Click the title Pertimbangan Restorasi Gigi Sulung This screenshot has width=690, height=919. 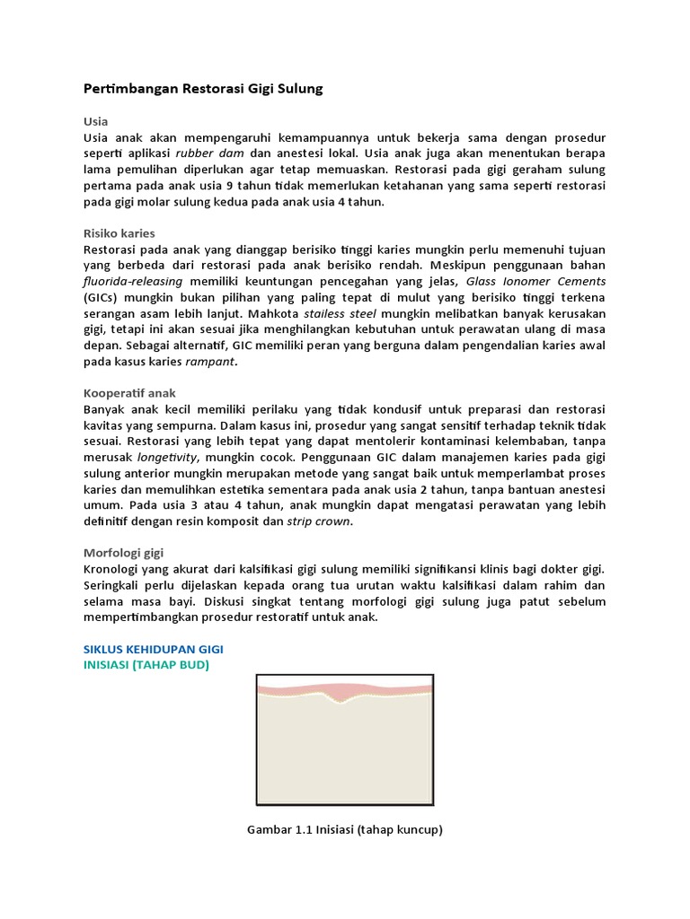pyautogui.click(x=202, y=89)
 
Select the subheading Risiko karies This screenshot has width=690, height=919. pyautogui.click(x=119, y=233)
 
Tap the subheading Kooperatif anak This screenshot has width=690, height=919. pyautogui.click(x=129, y=393)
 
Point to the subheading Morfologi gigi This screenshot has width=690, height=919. pyautogui.click(x=123, y=553)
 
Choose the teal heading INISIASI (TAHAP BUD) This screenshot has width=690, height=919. pyautogui.click(x=146, y=664)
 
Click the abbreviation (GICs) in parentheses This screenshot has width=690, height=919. pyautogui.click(x=104, y=297)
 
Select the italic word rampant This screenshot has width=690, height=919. pyautogui.click(x=211, y=361)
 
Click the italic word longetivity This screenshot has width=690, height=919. pyautogui.click(x=166, y=457)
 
